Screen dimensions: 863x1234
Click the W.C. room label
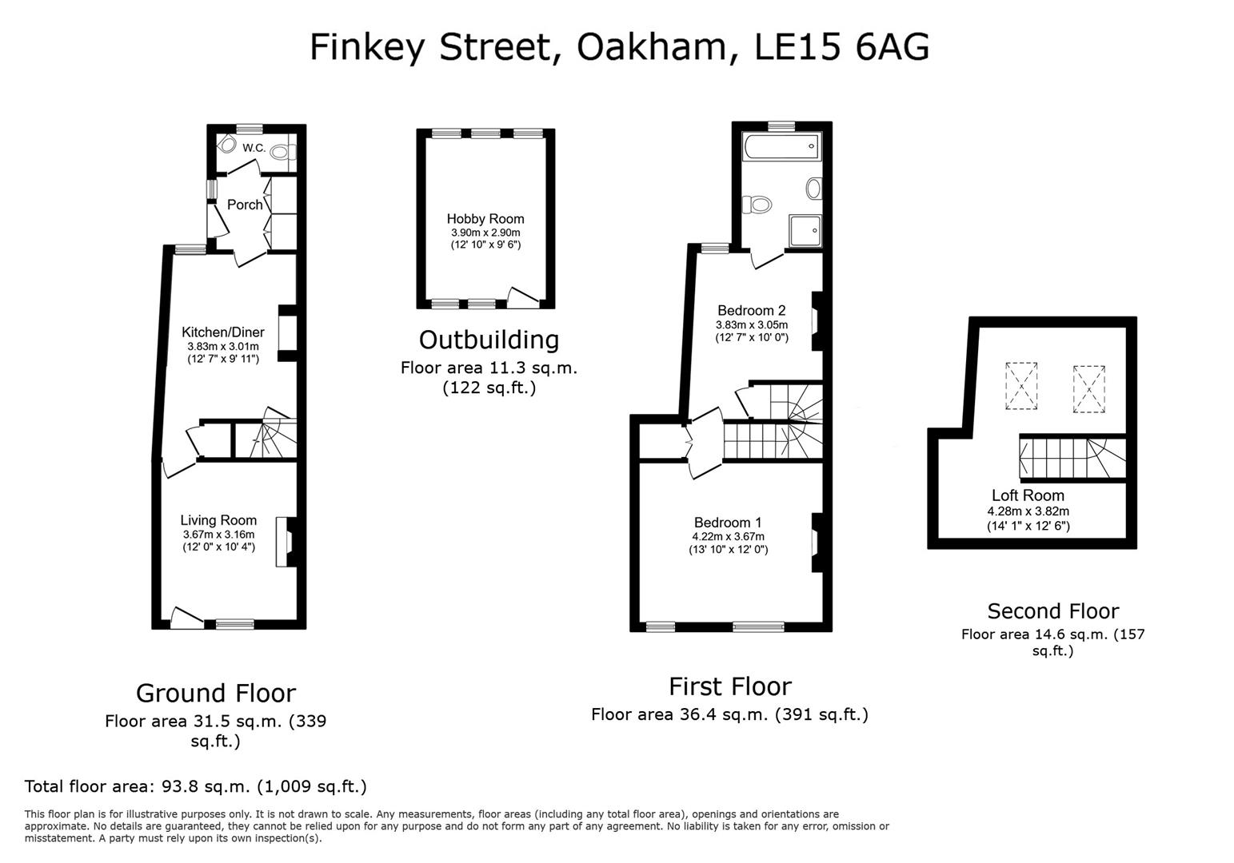(x=254, y=148)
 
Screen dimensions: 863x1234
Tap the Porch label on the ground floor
(x=245, y=205)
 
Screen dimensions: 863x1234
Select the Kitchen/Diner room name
(x=222, y=332)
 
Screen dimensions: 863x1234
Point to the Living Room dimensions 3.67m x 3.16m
(x=218, y=535)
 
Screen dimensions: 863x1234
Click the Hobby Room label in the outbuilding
(x=485, y=219)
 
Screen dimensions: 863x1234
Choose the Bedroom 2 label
(x=751, y=311)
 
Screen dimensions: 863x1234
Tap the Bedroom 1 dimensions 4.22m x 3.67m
(x=728, y=536)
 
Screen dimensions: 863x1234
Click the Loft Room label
(x=1028, y=495)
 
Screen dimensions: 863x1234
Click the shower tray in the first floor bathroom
(x=805, y=231)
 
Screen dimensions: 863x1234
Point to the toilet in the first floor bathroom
(x=757, y=205)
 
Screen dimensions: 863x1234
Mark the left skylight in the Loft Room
(x=1021, y=385)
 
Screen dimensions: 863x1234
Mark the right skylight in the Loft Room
(x=1088, y=388)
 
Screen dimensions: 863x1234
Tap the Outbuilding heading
(x=489, y=340)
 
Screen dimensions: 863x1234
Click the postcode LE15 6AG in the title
(x=842, y=47)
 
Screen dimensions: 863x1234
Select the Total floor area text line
(x=196, y=786)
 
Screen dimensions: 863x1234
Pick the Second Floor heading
(x=1052, y=611)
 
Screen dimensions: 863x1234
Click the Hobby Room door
(x=522, y=298)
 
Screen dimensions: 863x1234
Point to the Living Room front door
(x=186, y=617)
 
